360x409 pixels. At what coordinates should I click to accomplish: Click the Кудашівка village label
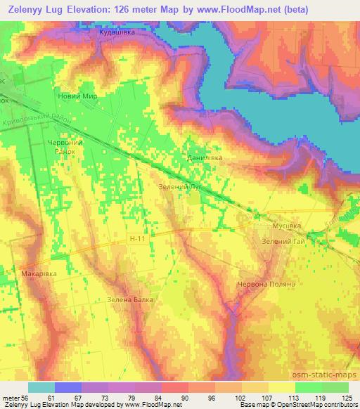(117, 32)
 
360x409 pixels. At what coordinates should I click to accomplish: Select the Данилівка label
(204, 159)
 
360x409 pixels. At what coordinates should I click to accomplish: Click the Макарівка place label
(39, 273)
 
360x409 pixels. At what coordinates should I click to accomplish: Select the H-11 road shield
(139, 240)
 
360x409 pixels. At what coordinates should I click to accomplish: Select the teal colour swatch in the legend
(41, 387)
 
